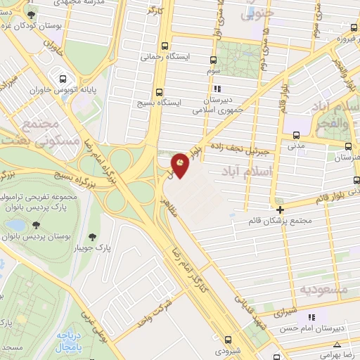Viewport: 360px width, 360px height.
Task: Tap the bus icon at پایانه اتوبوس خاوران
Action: [63, 79]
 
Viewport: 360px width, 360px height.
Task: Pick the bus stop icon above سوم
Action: [214, 60]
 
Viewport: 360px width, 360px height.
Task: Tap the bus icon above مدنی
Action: [296, 135]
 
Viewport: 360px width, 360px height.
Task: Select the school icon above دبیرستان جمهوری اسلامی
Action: [217, 89]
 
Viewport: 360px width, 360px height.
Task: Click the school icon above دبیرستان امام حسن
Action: [312, 317]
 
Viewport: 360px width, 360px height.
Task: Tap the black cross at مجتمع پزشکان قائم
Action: [281, 210]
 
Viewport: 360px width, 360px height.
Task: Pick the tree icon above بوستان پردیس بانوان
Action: [35, 225]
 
